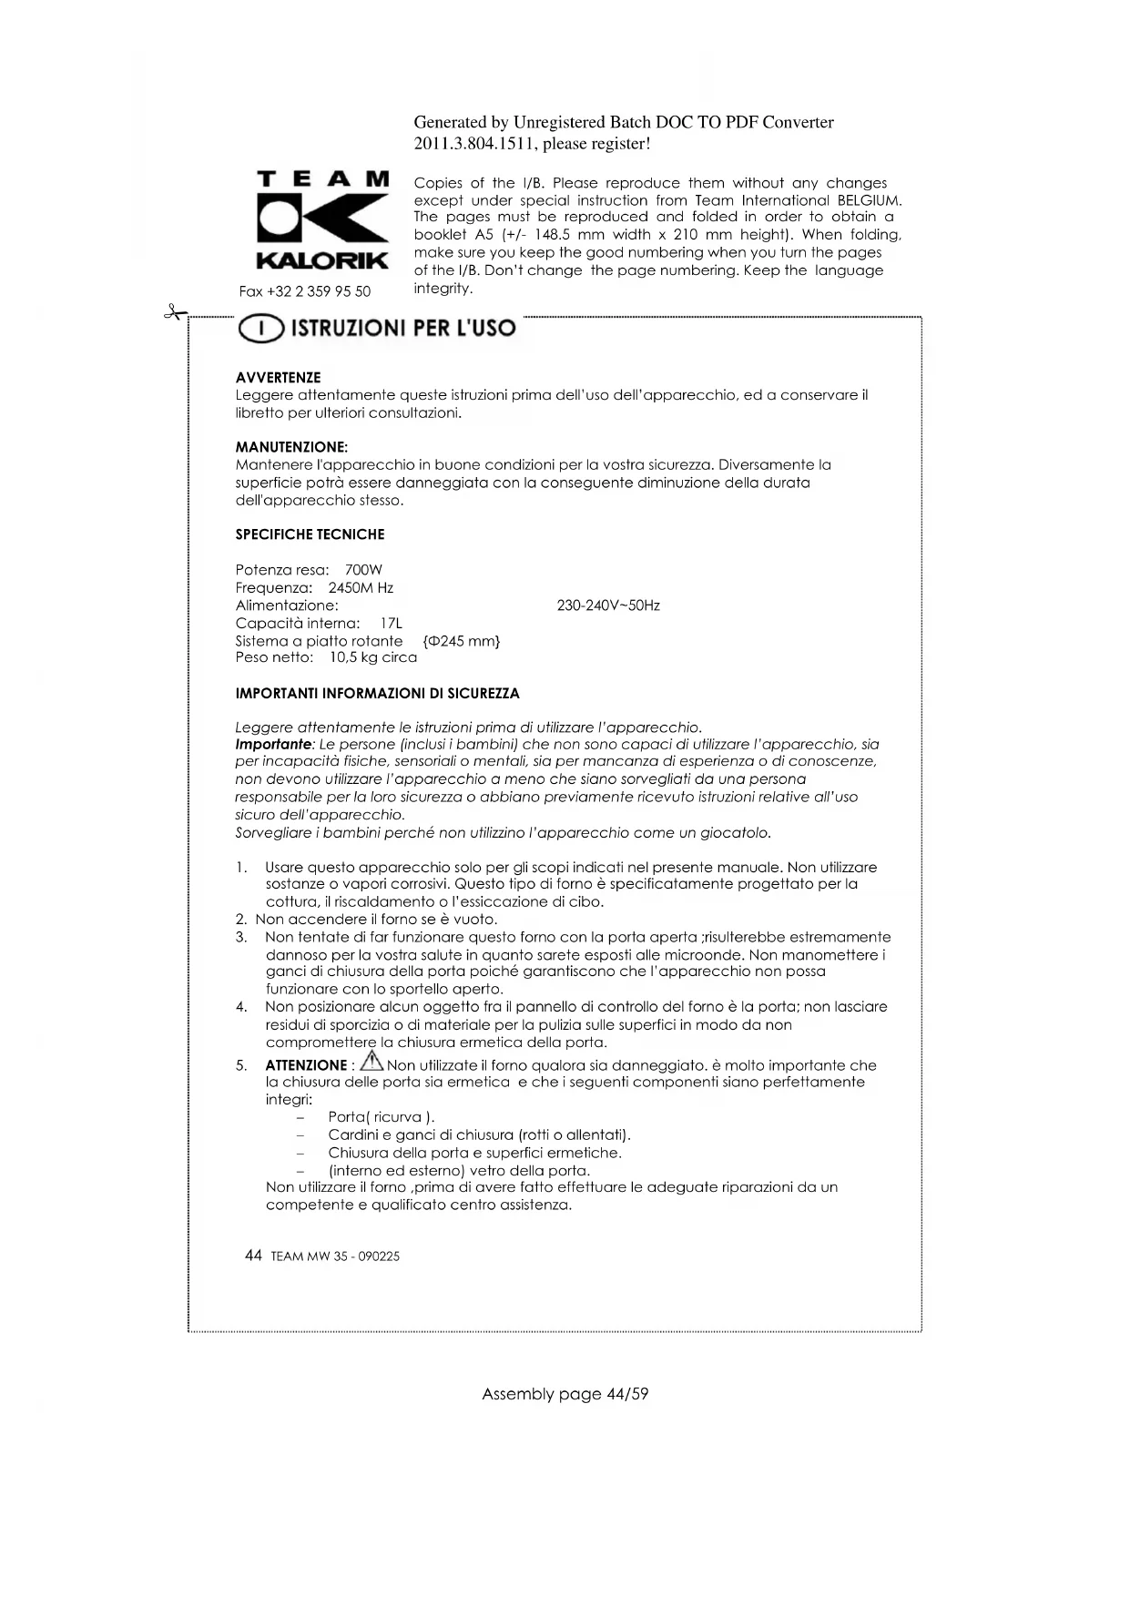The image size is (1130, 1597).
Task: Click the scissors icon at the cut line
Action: [172, 313]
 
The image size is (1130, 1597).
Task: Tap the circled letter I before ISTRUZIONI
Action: [259, 329]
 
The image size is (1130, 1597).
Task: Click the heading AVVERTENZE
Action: [278, 377]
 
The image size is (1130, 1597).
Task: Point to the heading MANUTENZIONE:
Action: [291, 447]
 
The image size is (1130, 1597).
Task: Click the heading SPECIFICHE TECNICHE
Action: [310, 534]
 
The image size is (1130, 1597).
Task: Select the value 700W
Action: [363, 570]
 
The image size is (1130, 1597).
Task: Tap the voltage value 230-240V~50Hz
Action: [607, 605]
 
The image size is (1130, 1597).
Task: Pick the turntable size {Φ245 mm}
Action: [463, 641]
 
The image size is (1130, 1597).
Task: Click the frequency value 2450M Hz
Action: [361, 588]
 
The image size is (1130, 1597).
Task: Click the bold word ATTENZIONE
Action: [306, 1065]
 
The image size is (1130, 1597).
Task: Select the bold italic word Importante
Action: [273, 745]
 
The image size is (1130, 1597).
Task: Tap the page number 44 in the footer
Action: [254, 1256]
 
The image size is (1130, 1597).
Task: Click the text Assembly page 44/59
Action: [565, 1394]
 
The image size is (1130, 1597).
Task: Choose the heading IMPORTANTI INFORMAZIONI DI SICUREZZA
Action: [377, 694]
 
